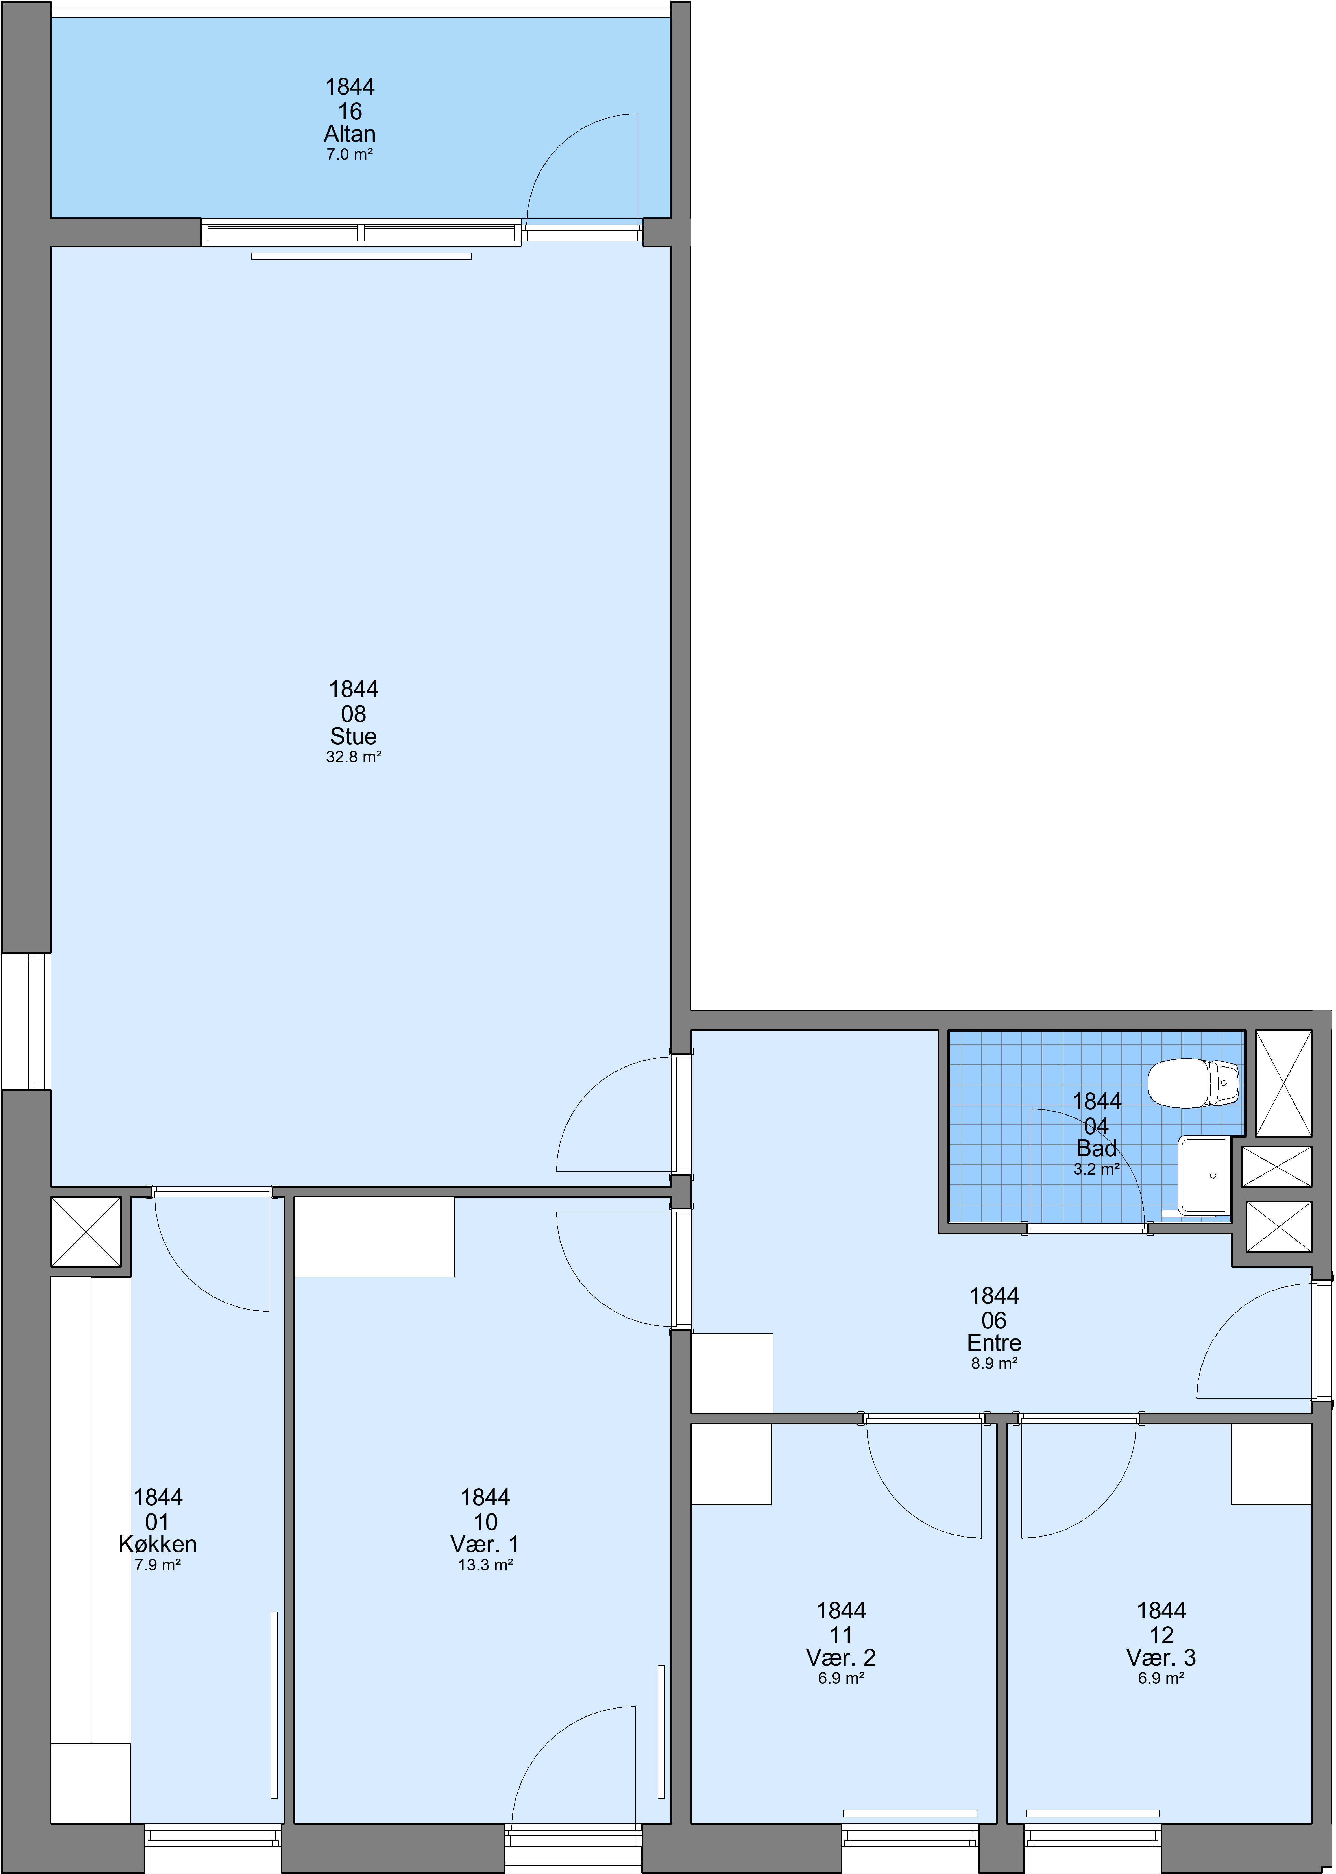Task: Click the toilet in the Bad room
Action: click(x=1194, y=1083)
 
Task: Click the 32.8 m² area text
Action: click(x=354, y=757)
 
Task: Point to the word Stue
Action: click(x=354, y=736)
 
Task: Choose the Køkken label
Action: click(x=158, y=1544)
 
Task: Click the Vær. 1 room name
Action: click(x=485, y=1544)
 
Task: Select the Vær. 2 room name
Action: click(x=841, y=1657)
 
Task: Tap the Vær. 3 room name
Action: click(x=1161, y=1657)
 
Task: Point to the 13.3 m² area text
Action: click(x=485, y=1565)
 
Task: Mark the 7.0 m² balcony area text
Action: click(x=350, y=154)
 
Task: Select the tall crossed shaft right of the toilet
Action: click(x=1284, y=1083)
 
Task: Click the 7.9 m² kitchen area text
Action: click(x=158, y=1565)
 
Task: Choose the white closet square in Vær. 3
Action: click(x=1271, y=1463)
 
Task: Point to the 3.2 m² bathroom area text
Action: click(x=1097, y=1169)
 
